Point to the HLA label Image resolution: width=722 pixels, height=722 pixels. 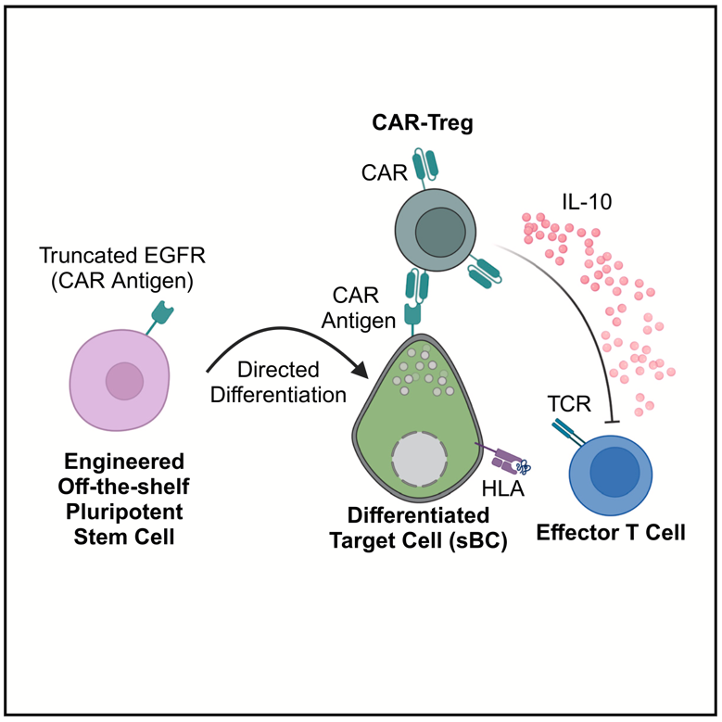click(x=504, y=488)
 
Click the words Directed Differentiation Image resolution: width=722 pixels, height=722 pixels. click(x=278, y=381)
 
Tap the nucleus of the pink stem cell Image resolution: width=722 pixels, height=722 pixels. click(x=124, y=380)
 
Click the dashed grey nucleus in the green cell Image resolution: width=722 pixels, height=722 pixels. click(x=423, y=459)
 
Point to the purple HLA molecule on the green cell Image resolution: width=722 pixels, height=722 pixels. click(x=506, y=459)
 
